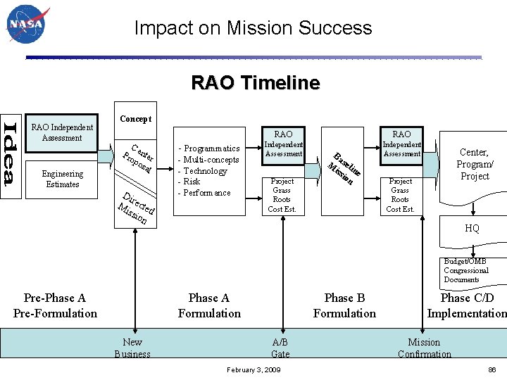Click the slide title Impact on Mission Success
253,28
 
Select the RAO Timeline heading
255,83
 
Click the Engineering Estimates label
62,179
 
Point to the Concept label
135,119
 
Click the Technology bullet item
205,171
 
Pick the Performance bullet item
207,193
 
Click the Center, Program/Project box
474,164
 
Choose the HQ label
472,229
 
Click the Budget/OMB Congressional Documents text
465,270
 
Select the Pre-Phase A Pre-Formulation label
55,305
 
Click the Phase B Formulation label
344,305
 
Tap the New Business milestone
132,348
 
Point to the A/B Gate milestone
280,348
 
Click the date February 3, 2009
254,369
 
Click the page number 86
492,369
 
